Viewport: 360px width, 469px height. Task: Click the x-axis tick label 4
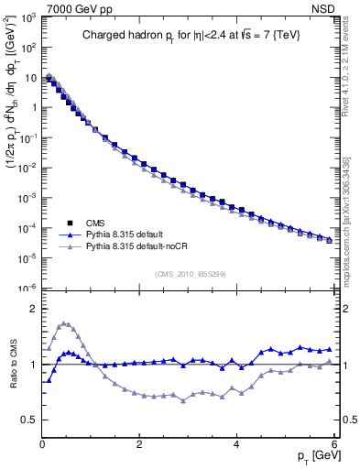click(236, 444)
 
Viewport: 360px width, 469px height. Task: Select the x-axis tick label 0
click(42, 444)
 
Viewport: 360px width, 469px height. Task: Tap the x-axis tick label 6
click(333, 444)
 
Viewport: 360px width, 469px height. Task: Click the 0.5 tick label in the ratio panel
click(29, 420)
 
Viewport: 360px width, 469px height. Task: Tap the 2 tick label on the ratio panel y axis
click(34, 309)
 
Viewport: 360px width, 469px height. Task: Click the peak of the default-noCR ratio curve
click(62, 322)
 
